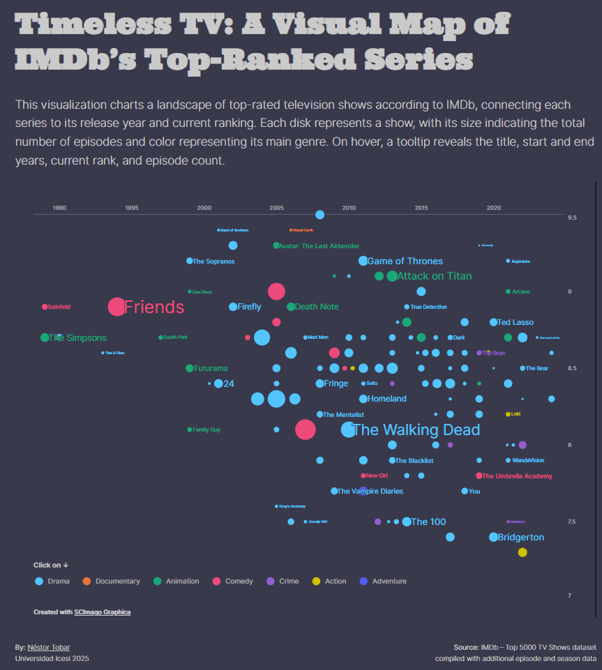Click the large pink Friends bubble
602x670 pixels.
pyautogui.click(x=116, y=307)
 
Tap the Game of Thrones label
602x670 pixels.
pyautogui.click(x=405, y=261)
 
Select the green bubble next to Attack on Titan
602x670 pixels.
pyautogui.click(x=392, y=276)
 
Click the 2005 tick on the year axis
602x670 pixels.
pyautogui.click(x=276, y=208)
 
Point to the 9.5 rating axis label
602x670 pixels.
pyautogui.click(x=572, y=218)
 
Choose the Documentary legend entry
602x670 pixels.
pyautogui.click(x=117, y=581)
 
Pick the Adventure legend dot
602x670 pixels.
pyautogui.click(x=363, y=581)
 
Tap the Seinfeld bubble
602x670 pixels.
pyautogui.click(x=45, y=307)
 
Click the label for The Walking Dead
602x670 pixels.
pyautogui.click(x=416, y=429)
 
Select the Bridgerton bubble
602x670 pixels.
pyautogui.click(x=494, y=537)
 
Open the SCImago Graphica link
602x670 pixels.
pyautogui.click(x=102, y=612)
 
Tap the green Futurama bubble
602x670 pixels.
pyautogui.click(x=189, y=368)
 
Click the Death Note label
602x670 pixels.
pyautogui.click(x=316, y=307)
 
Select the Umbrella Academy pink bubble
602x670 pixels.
pyautogui.click(x=479, y=475)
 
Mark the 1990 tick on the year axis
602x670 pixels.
pyautogui.click(x=59, y=208)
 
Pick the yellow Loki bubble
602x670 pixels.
pyautogui.click(x=508, y=414)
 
